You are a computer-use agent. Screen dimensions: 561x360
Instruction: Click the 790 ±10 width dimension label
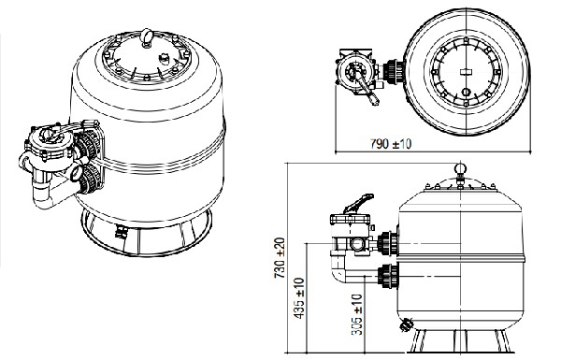click(391, 144)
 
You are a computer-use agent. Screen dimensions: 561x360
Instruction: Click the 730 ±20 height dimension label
click(280, 258)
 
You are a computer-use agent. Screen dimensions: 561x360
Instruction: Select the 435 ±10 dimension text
click(298, 298)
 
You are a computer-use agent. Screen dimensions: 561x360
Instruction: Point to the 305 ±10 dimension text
click(357, 314)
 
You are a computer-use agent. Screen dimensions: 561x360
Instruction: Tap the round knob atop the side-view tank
click(460, 168)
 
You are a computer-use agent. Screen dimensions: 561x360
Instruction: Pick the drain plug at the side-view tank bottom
click(406, 324)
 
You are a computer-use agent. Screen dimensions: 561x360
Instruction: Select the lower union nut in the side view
click(388, 276)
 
